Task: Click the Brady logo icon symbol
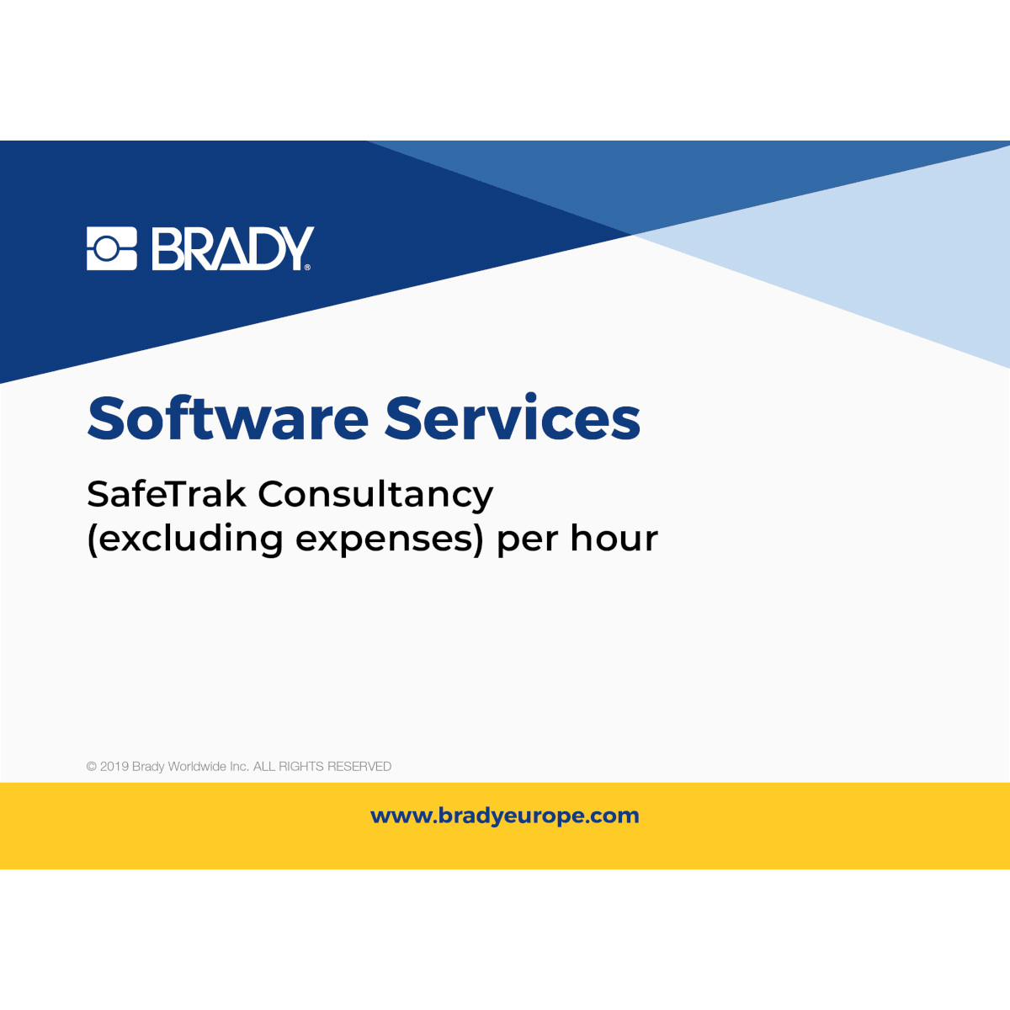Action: click(111, 248)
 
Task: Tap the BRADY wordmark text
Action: click(232, 248)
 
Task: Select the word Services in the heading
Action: click(513, 418)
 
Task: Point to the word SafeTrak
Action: click(166, 494)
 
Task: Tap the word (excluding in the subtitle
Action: click(184, 539)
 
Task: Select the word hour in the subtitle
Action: click(614, 539)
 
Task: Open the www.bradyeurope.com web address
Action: click(505, 816)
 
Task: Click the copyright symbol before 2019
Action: click(91, 767)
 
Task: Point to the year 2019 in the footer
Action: click(114, 767)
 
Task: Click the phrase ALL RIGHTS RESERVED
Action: click(322, 767)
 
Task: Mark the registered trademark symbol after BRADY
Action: click(307, 267)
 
